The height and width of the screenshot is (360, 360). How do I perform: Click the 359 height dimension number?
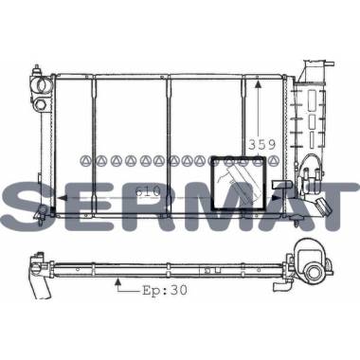coord(262,145)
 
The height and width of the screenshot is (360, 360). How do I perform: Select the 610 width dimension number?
coord(148,191)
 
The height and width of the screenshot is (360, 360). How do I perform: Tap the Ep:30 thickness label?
coord(165,290)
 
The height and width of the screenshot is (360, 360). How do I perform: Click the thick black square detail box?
coord(239,183)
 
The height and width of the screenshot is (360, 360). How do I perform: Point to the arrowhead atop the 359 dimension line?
coord(259,84)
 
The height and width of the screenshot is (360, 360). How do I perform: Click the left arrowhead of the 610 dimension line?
coord(61,198)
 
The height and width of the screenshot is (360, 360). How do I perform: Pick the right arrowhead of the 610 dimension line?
coord(276,198)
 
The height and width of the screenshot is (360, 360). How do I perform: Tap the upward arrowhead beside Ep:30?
coord(118,280)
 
